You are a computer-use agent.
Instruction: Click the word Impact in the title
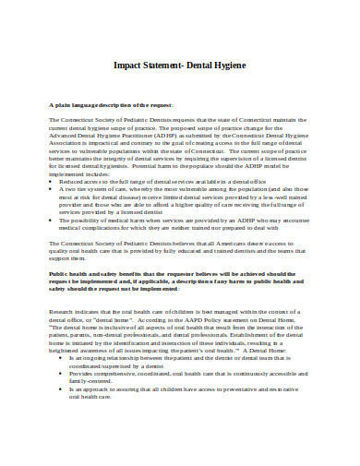[x=128, y=66]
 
